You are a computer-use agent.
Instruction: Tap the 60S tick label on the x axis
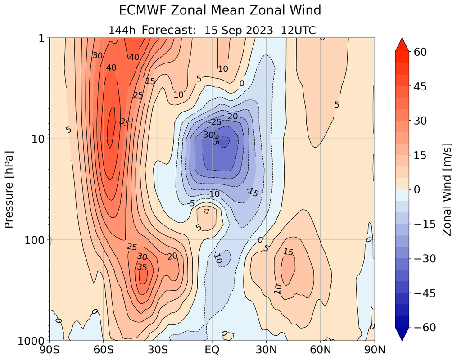pos(104,350)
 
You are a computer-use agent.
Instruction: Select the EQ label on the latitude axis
pos(212,350)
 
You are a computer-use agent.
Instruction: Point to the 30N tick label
pos(266,350)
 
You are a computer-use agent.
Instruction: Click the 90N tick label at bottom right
pos(374,350)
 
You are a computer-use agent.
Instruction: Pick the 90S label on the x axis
pos(50,350)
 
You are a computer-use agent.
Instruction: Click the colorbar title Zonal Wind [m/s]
pos(447,189)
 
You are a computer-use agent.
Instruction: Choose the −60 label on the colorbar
pos(426,328)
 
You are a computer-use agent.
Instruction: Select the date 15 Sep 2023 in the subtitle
pos(239,31)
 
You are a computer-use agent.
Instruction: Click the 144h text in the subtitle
pos(122,31)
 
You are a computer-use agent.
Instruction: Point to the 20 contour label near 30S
pos(172,256)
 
